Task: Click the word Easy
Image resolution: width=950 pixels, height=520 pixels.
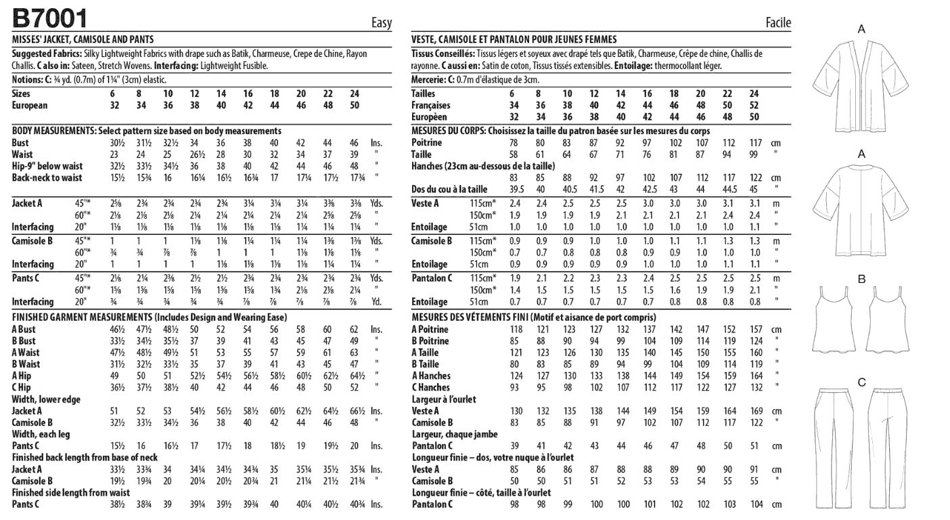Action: coord(382,23)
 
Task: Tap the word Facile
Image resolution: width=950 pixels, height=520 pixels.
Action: coord(778,23)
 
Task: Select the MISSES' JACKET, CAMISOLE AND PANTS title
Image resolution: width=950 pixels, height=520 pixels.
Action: coord(83,39)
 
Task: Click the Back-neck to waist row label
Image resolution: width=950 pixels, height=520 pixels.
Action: coord(47,178)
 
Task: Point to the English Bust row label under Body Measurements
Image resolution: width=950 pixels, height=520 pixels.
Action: coord(20,143)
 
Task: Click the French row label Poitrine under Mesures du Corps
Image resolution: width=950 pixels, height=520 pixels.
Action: coord(426,143)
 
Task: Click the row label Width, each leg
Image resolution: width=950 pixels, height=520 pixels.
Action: coord(41,434)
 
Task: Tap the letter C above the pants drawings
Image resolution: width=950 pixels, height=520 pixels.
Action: coord(861,383)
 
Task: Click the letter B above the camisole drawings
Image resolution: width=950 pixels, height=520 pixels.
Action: coord(861,279)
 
